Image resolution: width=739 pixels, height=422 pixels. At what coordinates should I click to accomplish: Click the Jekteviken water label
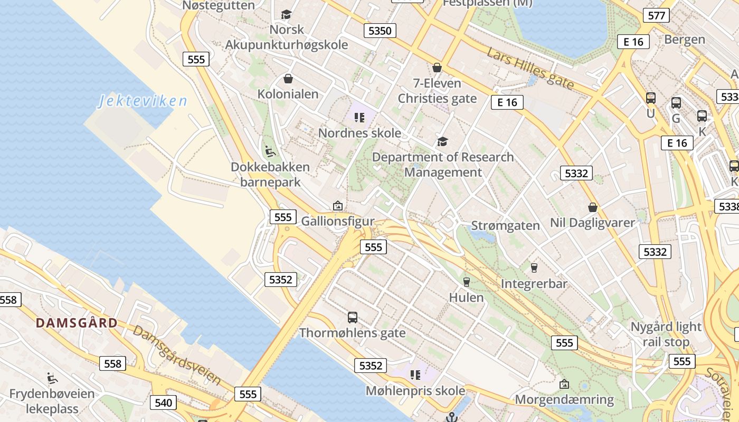143,101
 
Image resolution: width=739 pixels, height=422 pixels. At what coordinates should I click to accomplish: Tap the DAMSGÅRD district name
77,323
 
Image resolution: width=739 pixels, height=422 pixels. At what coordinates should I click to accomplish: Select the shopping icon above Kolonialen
288,79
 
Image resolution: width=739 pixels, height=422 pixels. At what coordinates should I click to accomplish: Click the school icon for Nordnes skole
359,117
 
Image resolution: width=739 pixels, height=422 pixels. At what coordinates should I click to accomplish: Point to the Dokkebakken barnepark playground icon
270,151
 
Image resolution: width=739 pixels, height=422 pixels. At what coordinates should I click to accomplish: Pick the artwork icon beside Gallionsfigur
337,206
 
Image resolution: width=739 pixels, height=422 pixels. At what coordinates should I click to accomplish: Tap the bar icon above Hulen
466,282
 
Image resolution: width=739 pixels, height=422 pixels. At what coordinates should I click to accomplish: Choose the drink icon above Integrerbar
534,267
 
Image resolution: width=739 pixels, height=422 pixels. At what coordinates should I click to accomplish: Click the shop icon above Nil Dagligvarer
592,207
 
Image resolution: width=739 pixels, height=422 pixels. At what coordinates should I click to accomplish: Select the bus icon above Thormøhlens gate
353,317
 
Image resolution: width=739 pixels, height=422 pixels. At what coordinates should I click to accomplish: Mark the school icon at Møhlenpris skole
415,375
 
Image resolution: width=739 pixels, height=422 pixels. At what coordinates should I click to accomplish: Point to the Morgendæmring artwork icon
564,384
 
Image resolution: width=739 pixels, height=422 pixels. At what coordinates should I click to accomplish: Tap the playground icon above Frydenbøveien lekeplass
52,378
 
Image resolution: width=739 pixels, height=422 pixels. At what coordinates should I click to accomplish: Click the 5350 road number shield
380,31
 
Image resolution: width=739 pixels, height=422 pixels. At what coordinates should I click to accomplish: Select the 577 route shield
656,15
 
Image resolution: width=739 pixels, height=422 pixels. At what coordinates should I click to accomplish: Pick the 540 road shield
164,403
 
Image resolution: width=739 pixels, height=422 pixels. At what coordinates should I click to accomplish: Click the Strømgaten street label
506,226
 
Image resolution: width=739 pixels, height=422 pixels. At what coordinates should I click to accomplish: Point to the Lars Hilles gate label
530,69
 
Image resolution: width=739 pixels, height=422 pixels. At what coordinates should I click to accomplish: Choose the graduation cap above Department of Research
442,141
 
